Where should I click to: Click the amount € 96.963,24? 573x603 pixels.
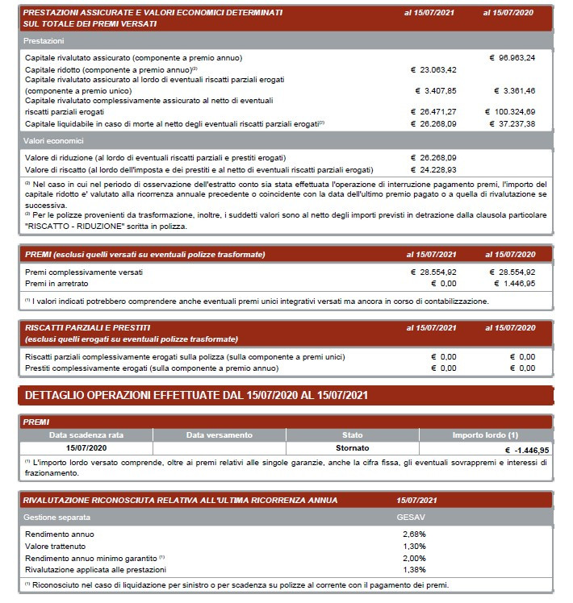tap(512, 58)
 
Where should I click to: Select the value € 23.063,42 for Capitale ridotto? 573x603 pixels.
tap(434, 69)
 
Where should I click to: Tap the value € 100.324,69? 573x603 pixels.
tap(510, 111)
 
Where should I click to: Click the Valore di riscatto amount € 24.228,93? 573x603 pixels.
tap(434, 169)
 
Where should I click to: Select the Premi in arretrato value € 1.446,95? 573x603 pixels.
tap(512, 284)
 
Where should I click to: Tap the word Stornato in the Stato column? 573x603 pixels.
tap(352, 447)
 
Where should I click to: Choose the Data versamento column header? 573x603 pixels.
tap(219, 435)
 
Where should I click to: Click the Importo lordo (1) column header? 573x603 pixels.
tap(485, 435)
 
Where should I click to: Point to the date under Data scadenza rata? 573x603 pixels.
tap(86, 447)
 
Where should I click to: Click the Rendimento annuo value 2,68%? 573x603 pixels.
tap(414, 534)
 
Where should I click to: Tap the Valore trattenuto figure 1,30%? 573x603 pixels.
tap(414, 546)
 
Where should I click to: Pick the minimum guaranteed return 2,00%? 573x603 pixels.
tap(414, 558)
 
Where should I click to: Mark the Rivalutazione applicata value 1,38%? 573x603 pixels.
tap(414, 569)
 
